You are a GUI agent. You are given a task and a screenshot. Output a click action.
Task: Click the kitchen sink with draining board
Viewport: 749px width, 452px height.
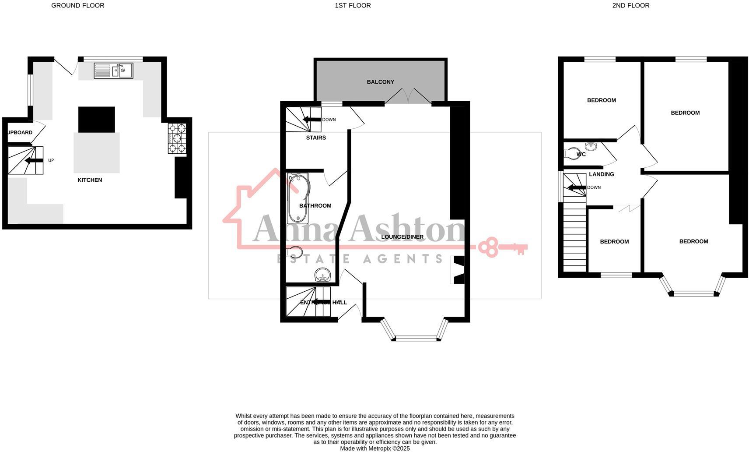pos(113,71)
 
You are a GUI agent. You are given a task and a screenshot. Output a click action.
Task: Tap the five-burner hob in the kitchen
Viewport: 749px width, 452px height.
pos(177,138)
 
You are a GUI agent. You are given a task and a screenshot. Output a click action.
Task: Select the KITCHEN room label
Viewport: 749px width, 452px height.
pos(90,180)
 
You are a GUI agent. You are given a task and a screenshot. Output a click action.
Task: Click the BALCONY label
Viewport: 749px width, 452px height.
pos(380,82)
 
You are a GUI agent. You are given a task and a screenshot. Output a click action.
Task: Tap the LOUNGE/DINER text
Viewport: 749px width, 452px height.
pos(402,237)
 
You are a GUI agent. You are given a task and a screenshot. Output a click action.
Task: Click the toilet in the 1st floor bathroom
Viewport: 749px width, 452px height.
pos(296,252)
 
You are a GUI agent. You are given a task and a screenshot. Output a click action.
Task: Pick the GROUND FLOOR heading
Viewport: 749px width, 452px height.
pos(78,6)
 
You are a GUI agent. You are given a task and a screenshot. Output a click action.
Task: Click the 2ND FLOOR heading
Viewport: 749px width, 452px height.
pos(630,6)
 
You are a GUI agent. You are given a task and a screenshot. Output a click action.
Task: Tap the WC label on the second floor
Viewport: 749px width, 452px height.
pos(581,155)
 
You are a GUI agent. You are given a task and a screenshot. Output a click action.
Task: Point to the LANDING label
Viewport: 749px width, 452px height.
pos(601,174)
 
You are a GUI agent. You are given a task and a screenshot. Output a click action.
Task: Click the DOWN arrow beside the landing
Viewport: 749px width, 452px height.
pos(577,188)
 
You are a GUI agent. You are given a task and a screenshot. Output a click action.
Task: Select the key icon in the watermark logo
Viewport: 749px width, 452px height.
pos(503,247)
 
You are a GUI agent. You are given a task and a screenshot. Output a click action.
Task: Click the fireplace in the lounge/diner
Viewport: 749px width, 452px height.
pos(457,270)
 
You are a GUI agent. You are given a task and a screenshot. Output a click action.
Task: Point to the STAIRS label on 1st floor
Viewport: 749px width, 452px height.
pos(316,138)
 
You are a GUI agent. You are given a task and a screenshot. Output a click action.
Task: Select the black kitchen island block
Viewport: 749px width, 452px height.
pos(97,120)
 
